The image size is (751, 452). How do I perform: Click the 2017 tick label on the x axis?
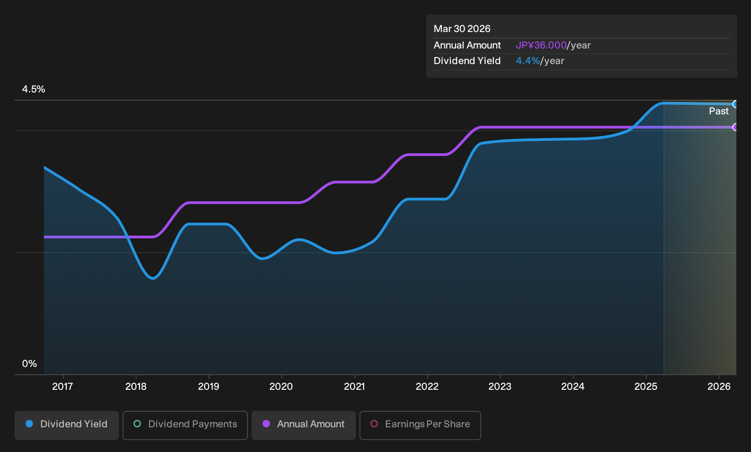[63, 387]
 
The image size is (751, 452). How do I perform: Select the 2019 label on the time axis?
[209, 387]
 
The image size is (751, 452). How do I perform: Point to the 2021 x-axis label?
[354, 387]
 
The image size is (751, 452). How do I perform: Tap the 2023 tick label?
[500, 387]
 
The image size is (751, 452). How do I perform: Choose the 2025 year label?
[646, 387]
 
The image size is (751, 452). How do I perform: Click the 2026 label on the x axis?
[719, 387]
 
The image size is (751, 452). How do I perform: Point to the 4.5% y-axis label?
[33, 89]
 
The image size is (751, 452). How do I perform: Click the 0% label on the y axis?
[30, 364]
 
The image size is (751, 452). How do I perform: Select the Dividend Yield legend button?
[67, 425]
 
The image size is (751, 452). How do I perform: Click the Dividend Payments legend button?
[185, 425]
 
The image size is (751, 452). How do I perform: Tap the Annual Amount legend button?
[303, 425]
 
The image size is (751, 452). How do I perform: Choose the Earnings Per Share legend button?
[420, 425]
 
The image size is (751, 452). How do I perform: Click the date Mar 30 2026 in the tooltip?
[462, 29]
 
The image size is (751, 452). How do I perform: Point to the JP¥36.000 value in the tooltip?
[541, 45]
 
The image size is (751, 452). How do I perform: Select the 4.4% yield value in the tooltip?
[528, 61]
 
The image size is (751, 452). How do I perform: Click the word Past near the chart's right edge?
[719, 111]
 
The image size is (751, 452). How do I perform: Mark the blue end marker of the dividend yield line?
[735, 104]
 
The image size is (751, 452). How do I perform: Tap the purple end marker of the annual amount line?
[735, 127]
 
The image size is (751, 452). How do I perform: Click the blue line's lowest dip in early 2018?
[153, 278]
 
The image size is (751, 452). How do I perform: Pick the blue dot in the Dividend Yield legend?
[30, 424]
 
